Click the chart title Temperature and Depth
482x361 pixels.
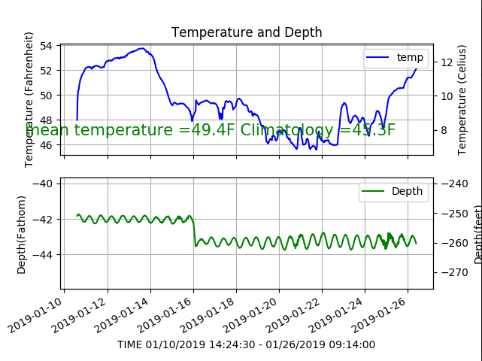[247, 32]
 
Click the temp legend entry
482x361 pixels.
[396, 57]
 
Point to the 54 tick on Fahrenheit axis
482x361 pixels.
[45, 46]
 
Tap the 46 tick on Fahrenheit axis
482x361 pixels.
[45, 144]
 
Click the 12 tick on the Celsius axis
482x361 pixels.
[444, 62]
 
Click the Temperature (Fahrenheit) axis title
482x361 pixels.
[29, 99]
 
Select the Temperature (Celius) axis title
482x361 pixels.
[462, 99]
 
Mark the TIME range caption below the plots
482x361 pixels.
[246, 344]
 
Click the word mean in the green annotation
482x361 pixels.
[47, 130]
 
